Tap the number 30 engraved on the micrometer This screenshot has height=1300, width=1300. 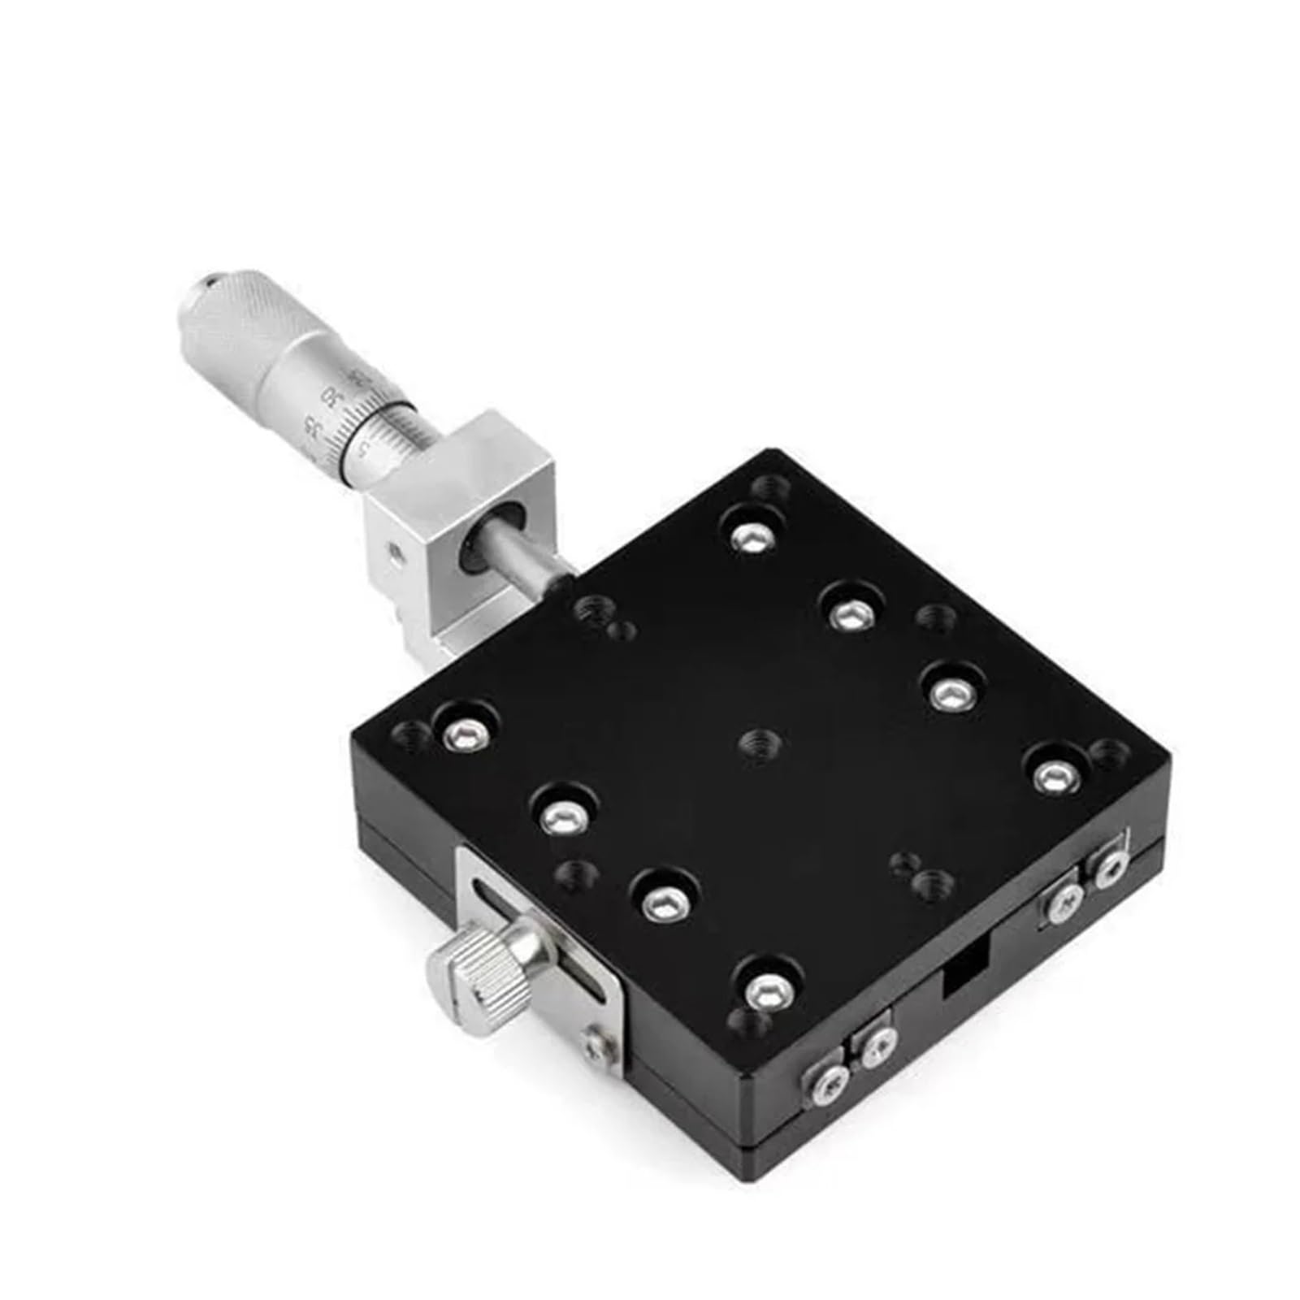(330, 397)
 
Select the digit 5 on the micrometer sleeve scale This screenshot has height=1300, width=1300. (365, 449)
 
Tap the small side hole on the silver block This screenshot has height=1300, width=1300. (394, 552)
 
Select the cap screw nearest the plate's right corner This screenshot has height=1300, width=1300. (1053, 774)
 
